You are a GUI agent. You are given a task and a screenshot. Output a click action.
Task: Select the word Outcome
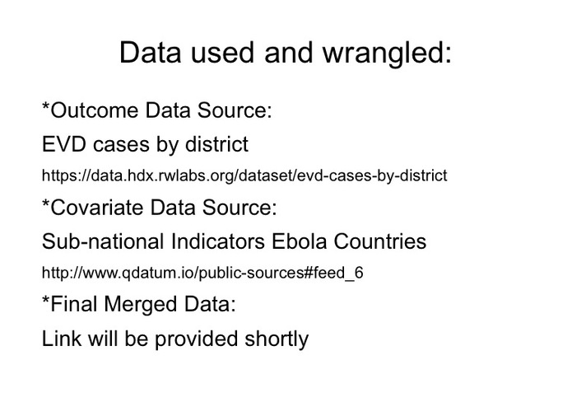point(95,110)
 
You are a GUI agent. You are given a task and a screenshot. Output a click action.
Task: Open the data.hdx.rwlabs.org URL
point(244,175)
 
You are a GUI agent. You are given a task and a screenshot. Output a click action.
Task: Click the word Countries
point(380,241)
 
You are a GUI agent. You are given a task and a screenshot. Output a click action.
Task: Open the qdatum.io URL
point(202,273)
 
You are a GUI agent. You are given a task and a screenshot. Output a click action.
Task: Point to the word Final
point(75,304)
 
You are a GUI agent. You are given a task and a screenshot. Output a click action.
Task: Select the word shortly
point(277,339)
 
